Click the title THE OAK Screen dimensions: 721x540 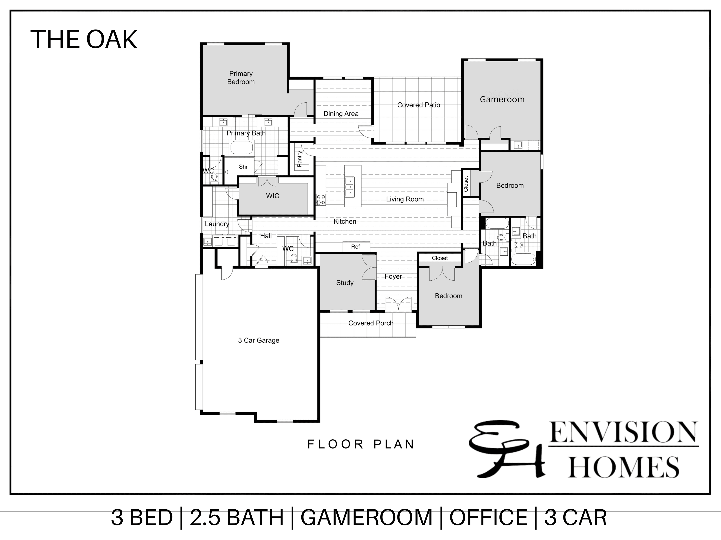pos(84,39)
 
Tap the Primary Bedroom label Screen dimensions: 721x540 pos(241,78)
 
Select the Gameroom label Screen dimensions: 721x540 pos(502,99)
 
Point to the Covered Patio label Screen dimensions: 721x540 pos(419,105)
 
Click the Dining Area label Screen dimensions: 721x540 pos(341,114)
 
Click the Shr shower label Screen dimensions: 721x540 pos(243,167)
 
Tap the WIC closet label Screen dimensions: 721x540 pos(273,196)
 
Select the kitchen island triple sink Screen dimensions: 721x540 pos(350,187)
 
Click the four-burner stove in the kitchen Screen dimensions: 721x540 pos(321,199)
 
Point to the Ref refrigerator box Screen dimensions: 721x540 pos(356,246)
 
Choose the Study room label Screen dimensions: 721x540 pos(345,283)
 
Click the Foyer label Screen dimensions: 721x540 pos(393,276)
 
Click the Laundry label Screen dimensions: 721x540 pos(217,224)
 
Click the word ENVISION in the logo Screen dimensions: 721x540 pos(623,432)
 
